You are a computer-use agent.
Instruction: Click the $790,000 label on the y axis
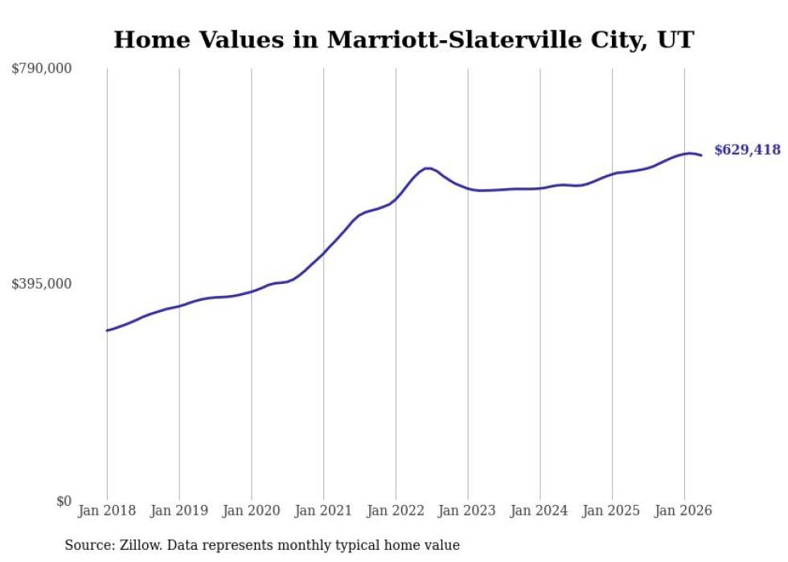pyautogui.click(x=42, y=68)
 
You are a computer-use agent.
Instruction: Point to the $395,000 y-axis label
pyautogui.click(x=42, y=284)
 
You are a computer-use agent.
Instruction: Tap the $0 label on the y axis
pyautogui.click(x=64, y=501)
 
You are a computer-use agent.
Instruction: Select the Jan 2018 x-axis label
pyautogui.click(x=107, y=511)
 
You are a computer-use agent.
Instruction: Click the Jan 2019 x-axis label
pyautogui.click(x=179, y=511)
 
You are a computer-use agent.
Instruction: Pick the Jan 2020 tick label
pyautogui.click(x=251, y=511)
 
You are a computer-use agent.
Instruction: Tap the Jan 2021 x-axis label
pyautogui.click(x=323, y=511)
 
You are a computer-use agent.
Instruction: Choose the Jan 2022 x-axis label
pyautogui.click(x=396, y=511)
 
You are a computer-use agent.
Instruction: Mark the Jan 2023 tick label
pyautogui.click(x=467, y=511)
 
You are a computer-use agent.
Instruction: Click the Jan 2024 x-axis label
pyautogui.click(x=540, y=511)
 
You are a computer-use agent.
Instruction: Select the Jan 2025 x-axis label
pyautogui.click(x=612, y=511)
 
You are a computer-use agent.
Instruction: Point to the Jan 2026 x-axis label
pyautogui.click(x=683, y=511)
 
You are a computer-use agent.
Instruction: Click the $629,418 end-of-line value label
pyautogui.click(x=748, y=150)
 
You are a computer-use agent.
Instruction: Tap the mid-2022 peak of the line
pyautogui.click(x=427, y=168)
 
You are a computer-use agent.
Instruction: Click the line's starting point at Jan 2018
pyautogui.click(x=107, y=330)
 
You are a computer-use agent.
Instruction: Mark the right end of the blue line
pyautogui.click(x=701, y=155)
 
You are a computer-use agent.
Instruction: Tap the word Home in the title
pyautogui.click(x=151, y=39)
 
